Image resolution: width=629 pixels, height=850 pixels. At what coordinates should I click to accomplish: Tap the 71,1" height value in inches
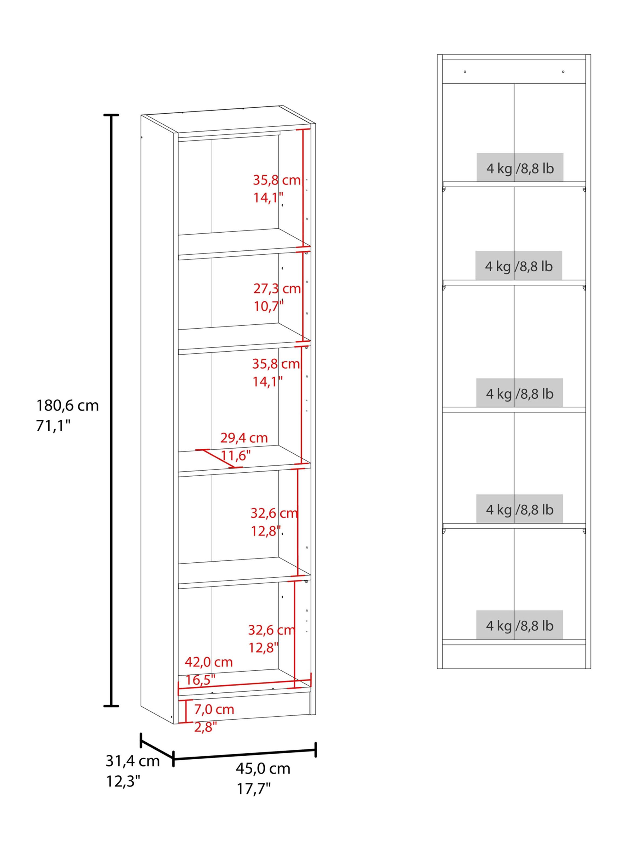click(x=53, y=426)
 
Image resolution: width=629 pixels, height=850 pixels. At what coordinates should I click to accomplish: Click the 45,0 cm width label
click(x=263, y=769)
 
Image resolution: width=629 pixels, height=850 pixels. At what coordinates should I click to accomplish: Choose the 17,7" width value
click(x=254, y=789)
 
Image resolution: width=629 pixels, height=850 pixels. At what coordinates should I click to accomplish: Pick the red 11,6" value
click(x=236, y=455)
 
